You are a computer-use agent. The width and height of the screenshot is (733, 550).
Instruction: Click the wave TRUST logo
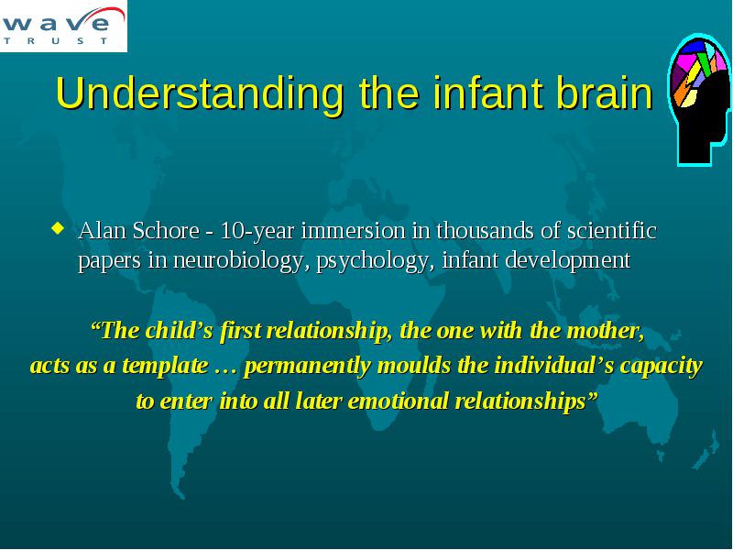coord(63,26)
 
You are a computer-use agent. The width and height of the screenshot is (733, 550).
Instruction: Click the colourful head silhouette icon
coord(698,99)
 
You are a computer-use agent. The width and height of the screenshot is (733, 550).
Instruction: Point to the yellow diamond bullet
coord(58,228)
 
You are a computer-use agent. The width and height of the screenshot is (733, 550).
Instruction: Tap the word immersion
coord(354,231)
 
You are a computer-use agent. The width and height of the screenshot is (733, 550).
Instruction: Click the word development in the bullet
coord(568,261)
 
